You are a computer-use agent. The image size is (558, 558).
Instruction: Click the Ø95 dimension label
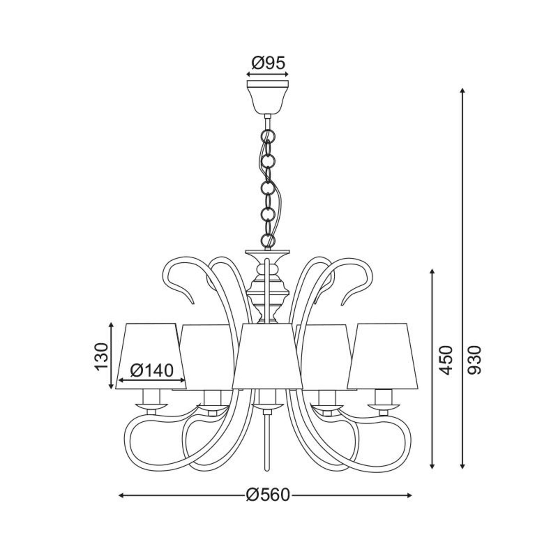click(268, 63)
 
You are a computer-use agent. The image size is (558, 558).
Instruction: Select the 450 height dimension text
click(445, 360)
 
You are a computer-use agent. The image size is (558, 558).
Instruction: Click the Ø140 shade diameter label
click(152, 370)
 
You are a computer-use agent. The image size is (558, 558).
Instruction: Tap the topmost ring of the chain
click(268, 136)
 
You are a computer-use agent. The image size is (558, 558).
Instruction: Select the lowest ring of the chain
click(268, 240)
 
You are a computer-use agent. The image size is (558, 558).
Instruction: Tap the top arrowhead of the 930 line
click(463, 90)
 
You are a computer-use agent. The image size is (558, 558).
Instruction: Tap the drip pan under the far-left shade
click(151, 406)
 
